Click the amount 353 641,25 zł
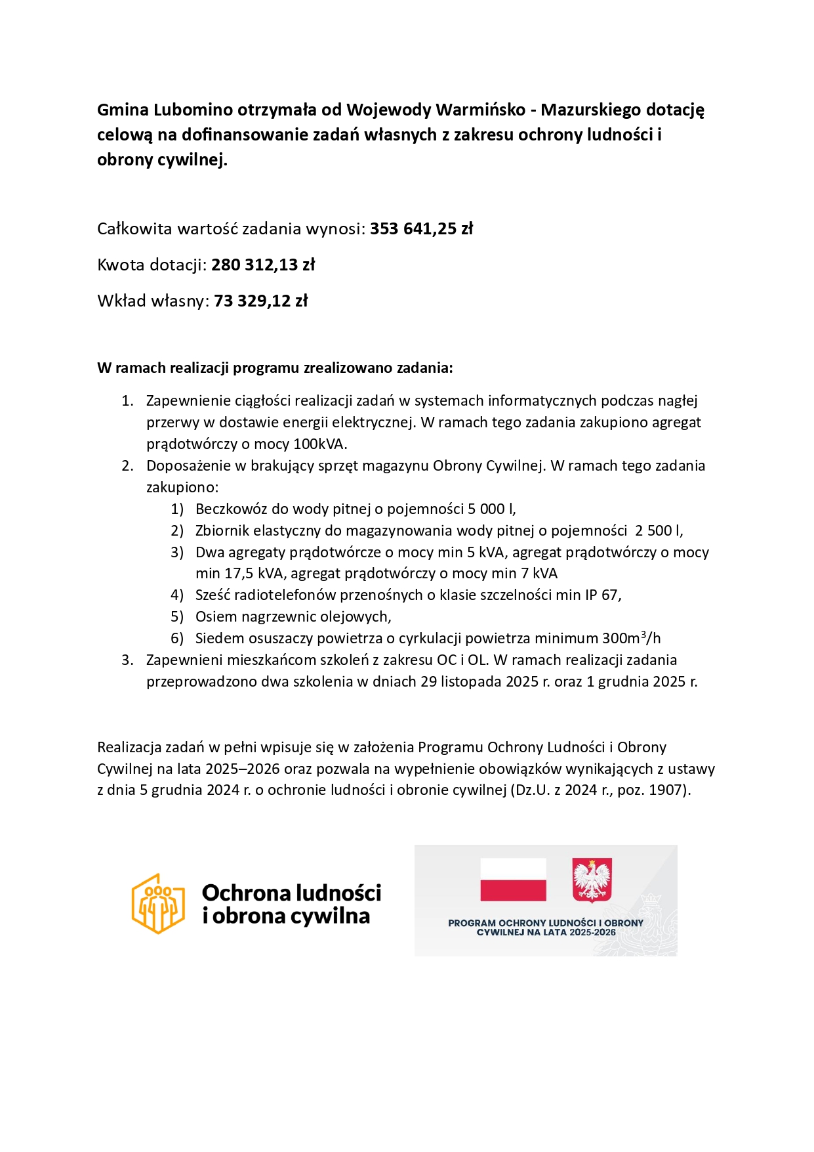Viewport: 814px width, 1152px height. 421,228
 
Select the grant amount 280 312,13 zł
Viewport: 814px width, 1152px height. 263,265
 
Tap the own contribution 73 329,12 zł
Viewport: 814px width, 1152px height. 260,301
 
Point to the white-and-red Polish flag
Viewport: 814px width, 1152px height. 513,880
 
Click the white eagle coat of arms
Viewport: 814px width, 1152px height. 592,880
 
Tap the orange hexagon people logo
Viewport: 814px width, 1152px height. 158,903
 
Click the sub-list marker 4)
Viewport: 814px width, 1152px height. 177,595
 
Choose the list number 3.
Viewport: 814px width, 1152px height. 127,660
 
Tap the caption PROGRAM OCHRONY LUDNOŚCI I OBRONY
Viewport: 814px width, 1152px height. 546,923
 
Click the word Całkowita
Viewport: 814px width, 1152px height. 134,228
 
